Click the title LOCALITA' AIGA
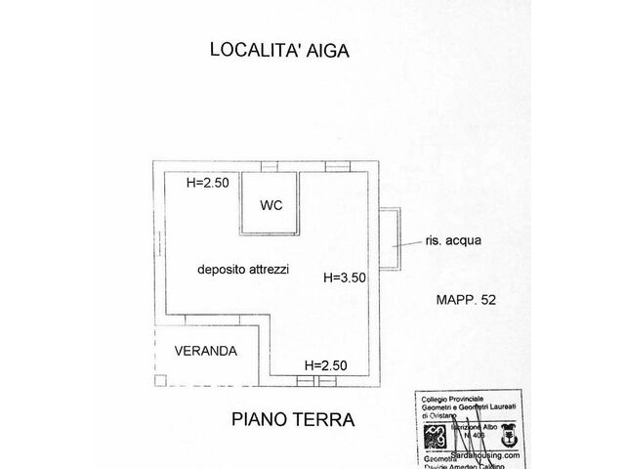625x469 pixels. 279,50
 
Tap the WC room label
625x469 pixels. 271,205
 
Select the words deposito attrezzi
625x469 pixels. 242,269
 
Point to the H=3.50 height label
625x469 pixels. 344,277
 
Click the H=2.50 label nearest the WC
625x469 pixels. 206,182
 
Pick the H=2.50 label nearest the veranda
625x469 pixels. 325,365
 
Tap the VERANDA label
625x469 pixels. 203,350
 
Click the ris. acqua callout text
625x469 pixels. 454,239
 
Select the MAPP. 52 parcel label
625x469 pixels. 466,301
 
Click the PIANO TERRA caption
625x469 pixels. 292,420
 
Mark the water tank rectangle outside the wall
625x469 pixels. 391,239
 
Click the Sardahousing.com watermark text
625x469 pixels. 485,454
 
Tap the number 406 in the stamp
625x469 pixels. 479,435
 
